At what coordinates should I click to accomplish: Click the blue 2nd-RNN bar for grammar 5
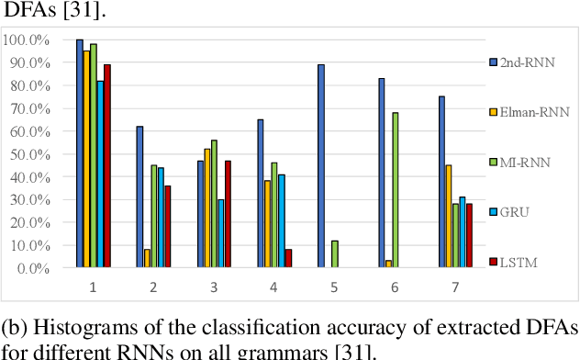pyautogui.click(x=320, y=166)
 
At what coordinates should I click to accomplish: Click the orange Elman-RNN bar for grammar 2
pyautogui.click(x=147, y=258)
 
